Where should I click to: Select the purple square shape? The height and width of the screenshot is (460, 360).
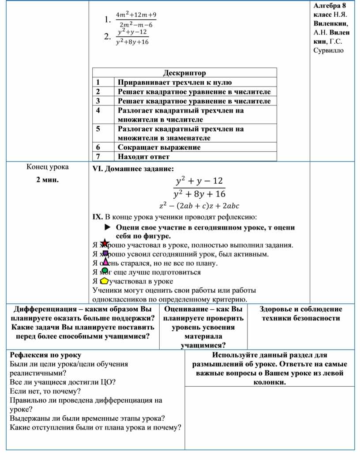tap(105, 253)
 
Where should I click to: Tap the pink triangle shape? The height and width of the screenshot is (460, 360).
tap(105, 262)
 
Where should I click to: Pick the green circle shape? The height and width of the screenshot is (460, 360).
tap(105, 271)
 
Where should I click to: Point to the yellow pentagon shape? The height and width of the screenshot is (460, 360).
tap(104, 281)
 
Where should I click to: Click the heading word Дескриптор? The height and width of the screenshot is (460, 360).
tap(184, 73)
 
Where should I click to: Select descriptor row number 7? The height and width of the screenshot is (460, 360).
tap(98, 156)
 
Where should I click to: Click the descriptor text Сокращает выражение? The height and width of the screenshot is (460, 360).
tap(159, 147)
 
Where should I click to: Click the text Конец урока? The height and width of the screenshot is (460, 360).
tap(47, 167)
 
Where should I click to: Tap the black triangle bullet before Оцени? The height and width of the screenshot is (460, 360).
tap(107, 227)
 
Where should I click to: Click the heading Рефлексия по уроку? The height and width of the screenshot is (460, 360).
tap(45, 355)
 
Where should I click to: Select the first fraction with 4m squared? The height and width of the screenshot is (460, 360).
tap(135, 20)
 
